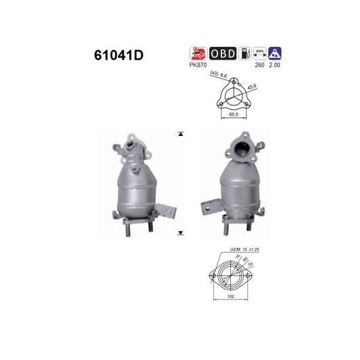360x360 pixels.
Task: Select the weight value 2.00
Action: tap(274, 66)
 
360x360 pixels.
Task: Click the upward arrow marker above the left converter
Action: tap(180, 134)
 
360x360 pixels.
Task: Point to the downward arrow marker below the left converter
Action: tap(180, 233)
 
